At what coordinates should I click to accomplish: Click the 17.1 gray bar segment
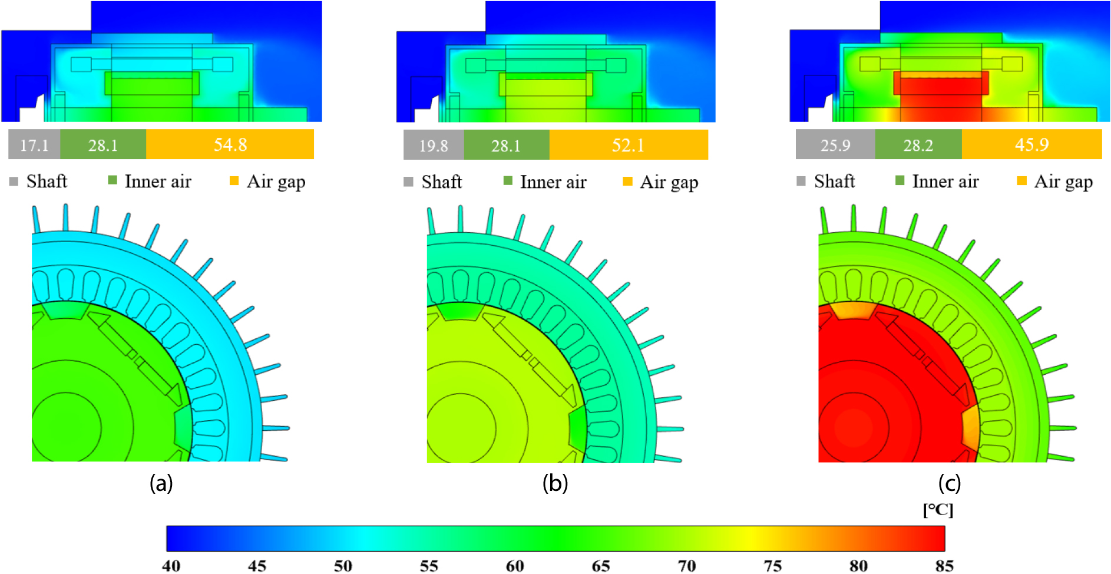point(34,144)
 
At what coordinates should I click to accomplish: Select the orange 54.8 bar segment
point(230,144)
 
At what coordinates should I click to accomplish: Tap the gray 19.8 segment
point(434,145)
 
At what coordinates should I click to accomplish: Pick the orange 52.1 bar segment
point(628,145)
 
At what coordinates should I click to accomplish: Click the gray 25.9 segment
point(835,144)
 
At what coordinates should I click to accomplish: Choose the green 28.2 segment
point(918,144)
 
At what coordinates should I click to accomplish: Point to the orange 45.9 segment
point(1031,144)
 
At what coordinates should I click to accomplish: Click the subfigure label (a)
point(161,483)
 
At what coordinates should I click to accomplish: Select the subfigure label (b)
point(555,483)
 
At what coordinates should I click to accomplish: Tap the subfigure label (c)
point(949,483)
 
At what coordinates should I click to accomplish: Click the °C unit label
point(938,510)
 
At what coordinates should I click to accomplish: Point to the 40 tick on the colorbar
point(171,566)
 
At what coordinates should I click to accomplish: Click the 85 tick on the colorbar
point(944,566)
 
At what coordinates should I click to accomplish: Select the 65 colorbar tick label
point(600,566)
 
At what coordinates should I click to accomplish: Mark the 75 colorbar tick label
point(772,566)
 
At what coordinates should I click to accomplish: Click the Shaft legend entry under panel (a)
point(39,181)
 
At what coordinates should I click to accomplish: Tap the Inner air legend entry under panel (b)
point(545,182)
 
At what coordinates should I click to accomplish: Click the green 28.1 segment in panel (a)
point(103,144)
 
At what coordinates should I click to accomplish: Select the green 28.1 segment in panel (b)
point(506,145)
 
